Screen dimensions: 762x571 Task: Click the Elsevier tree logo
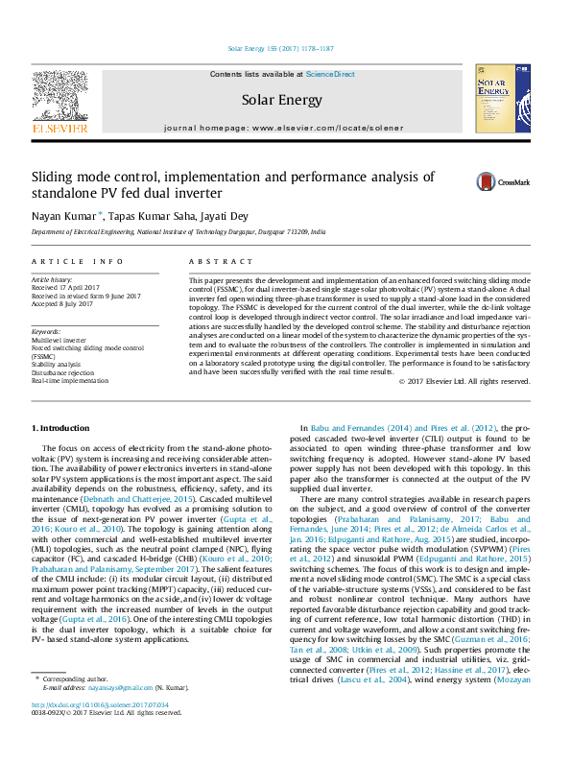(x=60, y=96)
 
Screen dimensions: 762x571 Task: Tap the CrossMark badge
(x=486, y=181)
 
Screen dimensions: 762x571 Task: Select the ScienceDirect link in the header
(x=330, y=74)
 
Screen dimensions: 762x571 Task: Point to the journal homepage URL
(x=332, y=127)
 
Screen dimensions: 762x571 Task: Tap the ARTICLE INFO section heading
(x=78, y=261)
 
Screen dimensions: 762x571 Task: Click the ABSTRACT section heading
(x=212, y=261)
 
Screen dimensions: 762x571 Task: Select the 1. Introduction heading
(x=63, y=427)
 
